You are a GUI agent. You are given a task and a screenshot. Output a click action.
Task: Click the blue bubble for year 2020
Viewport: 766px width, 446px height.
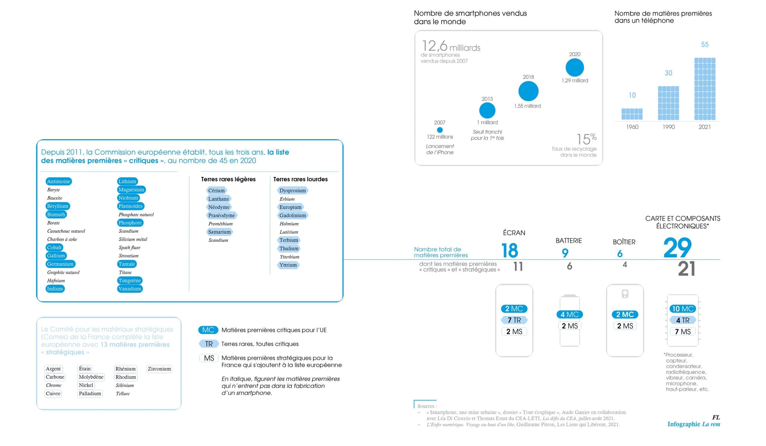click(x=574, y=67)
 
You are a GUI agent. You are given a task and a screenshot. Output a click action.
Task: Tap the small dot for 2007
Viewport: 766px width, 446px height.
click(x=440, y=130)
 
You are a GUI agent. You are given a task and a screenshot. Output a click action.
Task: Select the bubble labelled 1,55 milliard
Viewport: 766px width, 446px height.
click(x=528, y=91)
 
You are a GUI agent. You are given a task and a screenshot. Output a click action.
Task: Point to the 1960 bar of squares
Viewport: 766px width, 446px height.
click(x=632, y=114)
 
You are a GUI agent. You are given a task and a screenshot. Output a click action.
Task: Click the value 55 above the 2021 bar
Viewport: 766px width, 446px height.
click(x=705, y=44)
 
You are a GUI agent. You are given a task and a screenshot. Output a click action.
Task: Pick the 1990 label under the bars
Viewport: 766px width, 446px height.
click(x=669, y=127)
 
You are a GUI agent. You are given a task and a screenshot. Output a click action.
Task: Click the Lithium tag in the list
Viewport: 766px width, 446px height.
click(x=127, y=181)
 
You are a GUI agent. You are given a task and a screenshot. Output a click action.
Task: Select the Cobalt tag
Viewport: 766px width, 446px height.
click(x=54, y=248)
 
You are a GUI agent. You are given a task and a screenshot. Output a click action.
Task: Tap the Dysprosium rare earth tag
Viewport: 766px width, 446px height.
click(x=293, y=190)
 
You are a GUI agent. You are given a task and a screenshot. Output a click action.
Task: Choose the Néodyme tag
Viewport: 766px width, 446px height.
click(x=219, y=207)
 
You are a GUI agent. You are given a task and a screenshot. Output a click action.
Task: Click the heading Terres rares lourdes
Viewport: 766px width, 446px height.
click(x=301, y=179)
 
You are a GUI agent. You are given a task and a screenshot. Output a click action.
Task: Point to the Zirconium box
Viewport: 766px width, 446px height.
click(x=159, y=369)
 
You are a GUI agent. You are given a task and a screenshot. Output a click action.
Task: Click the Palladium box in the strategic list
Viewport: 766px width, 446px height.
click(x=90, y=394)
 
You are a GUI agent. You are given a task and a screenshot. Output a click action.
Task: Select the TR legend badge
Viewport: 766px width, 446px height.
click(x=209, y=344)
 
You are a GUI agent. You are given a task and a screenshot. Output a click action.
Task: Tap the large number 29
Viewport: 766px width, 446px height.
click(x=677, y=248)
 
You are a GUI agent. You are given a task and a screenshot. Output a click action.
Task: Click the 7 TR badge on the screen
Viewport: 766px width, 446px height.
click(x=514, y=320)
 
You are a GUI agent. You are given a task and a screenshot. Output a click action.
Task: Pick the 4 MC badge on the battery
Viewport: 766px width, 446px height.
click(x=570, y=315)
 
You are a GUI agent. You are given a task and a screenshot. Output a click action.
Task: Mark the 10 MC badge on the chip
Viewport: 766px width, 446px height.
click(x=683, y=309)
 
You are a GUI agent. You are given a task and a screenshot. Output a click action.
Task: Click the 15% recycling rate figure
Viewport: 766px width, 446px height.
click(x=586, y=139)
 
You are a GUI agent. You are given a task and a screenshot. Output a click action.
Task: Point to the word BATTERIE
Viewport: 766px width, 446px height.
click(x=569, y=241)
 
